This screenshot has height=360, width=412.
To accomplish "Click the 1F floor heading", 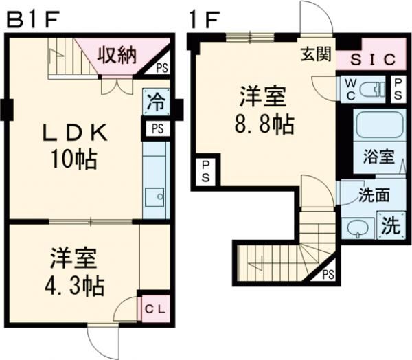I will (205, 19).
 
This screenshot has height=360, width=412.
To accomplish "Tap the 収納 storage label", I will (115, 54).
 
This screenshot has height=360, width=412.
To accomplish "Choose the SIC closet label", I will (374, 60).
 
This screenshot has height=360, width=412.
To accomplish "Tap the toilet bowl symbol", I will (371, 87).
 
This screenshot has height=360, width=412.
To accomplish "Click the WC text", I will (349, 87).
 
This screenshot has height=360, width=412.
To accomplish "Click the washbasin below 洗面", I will (358, 227).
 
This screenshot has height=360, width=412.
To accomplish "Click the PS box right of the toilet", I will (398, 87).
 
